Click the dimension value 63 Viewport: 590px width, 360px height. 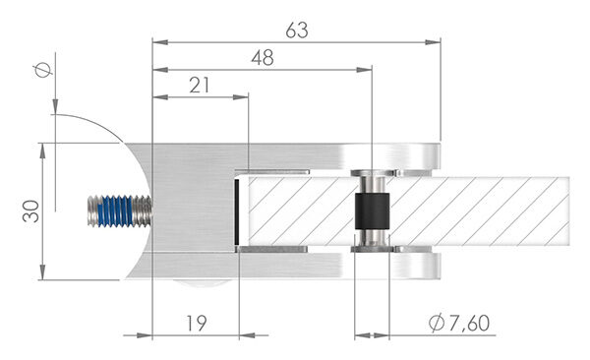coord(296,30)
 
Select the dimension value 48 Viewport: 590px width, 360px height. coord(262,58)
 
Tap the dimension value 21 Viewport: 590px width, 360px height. coord(200,86)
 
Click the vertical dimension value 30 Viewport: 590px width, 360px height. coord(31,211)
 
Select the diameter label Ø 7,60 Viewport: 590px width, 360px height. coord(458,322)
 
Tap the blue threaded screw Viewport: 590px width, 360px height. coord(117,210)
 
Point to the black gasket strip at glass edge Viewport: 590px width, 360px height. coord(238,211)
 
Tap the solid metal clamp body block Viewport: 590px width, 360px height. coord(192,197)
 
